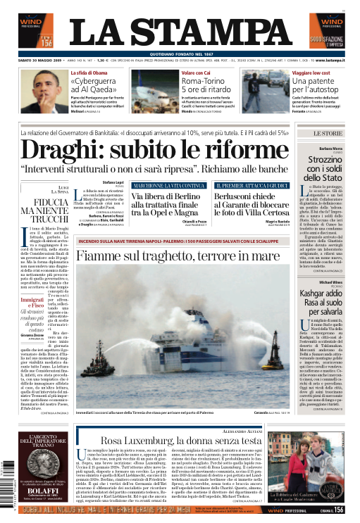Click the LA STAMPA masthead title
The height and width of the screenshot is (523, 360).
180,32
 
